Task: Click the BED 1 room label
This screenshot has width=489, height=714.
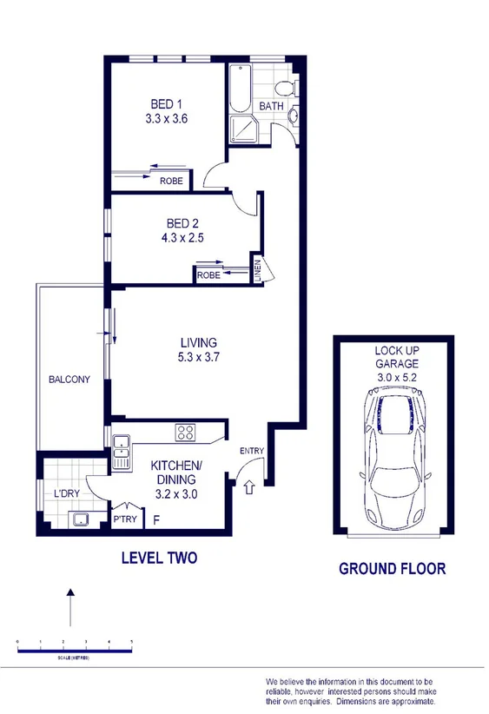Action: (165, 104)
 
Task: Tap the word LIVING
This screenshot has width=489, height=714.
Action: (198, 342)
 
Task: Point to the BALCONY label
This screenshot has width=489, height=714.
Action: (69, 380)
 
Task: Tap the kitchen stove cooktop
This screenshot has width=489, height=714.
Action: (187, 431)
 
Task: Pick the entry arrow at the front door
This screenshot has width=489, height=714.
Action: (249, 488)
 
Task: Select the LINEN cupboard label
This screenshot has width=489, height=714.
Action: (258, 271)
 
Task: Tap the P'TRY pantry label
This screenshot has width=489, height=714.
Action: (122, 520)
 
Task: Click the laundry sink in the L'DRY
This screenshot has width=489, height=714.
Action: (82, 519)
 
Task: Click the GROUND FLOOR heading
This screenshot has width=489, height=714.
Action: (392, 569)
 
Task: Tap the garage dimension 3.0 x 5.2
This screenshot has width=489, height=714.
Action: (396, 378)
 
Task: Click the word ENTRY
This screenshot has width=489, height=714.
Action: (251, 450)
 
